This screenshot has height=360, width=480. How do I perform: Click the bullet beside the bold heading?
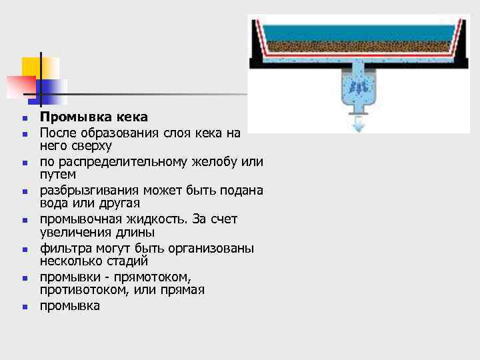[24, 119]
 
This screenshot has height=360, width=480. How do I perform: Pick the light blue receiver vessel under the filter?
[358, 90]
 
